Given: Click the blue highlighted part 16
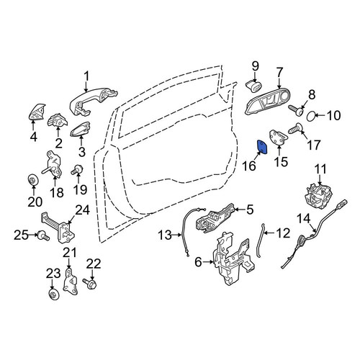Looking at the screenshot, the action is pos(262,147).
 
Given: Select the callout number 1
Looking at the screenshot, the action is pos(86,77).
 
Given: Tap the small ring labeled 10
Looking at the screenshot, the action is pos(311,116).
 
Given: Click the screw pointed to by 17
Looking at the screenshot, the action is pos(295,128).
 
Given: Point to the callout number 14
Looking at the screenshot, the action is pos(304,219).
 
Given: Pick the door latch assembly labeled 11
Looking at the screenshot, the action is pos(319,195).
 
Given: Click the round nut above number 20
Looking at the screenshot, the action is pos(32,179).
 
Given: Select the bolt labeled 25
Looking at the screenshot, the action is pos(43,235).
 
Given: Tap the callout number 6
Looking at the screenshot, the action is pos(198,262).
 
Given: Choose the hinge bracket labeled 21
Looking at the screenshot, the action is pos(70,282).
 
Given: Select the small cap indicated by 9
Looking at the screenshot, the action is pos(253,86).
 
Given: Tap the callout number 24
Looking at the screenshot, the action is pos(83,210).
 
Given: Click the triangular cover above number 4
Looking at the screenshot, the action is pos(37,112).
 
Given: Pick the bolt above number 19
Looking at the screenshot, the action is pos(76,170).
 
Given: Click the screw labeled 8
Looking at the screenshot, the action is pos(296,110).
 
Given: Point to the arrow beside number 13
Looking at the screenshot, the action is pos(177,235).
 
